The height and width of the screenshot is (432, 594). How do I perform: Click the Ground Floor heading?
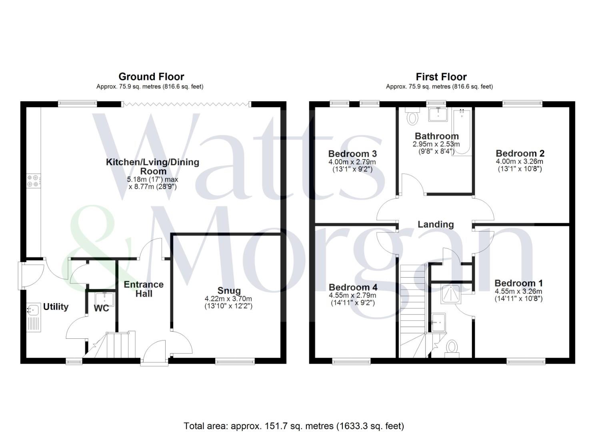point(151,77)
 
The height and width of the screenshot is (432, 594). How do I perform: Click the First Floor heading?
point(441,77)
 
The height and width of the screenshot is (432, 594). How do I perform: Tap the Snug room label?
point(229,291)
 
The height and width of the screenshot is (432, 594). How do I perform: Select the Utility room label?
point(56,307)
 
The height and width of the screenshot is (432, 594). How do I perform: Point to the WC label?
point(101,308)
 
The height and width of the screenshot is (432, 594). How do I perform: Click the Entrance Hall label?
point(144,289)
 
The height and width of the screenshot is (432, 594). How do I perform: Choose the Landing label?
point(436,224)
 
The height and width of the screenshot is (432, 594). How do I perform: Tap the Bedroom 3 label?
point(352,154)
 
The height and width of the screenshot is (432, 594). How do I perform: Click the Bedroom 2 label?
point(520,153)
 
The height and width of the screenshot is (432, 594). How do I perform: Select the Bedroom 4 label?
point(353,287)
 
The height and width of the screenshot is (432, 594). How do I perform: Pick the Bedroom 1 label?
point(518,283)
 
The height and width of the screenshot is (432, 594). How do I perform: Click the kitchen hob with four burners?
point(33,181)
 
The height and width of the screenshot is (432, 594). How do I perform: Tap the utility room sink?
point(33,309)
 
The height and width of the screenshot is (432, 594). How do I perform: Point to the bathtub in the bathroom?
point(462,132)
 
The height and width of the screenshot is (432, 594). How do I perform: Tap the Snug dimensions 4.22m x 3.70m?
point(228,299)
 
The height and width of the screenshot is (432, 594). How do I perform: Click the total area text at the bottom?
point(294,426)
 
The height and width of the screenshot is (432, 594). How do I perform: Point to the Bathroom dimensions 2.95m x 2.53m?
point(436,144)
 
